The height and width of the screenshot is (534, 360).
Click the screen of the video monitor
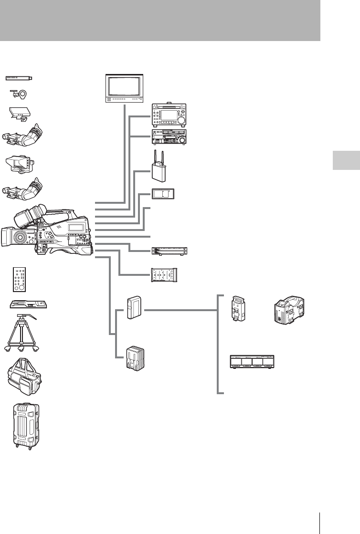click(x=124, y=87)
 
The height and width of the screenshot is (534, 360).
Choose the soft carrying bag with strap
click(x=26, y=377)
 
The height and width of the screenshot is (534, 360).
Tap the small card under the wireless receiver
click(x=163, y=194)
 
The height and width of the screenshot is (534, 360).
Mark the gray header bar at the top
click(x=159, y=20)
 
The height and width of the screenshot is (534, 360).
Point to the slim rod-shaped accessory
click(x=19, y=77)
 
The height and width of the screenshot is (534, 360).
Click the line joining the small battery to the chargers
click(x=181, y=309)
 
